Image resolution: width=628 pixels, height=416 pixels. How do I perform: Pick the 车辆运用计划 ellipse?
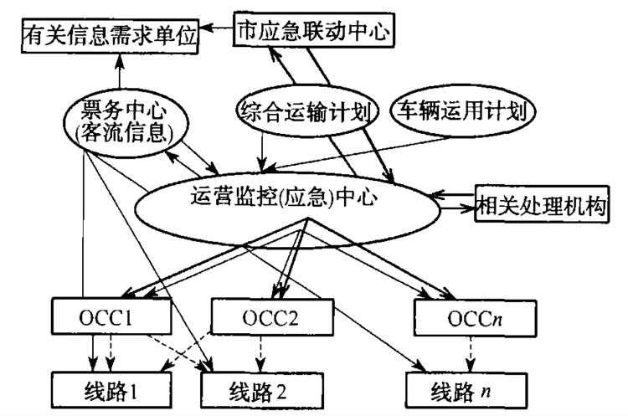(463, 110)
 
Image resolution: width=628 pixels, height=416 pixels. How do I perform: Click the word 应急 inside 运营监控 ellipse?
(306, 199)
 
